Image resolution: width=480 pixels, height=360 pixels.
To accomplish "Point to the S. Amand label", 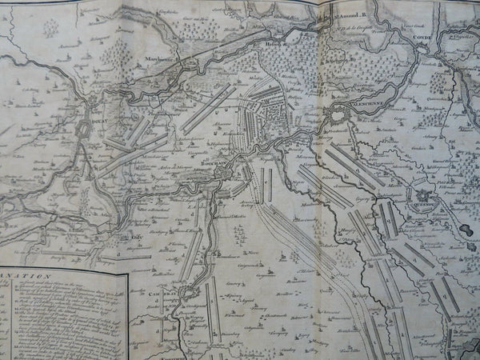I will pyautogui.click(x=347, y=14).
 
